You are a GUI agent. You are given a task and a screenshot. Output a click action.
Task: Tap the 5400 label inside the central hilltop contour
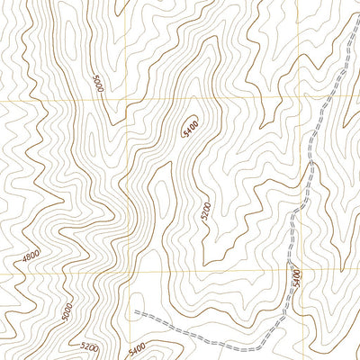[190, 127]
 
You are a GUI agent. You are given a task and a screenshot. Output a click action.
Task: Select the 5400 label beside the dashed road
[293, 276]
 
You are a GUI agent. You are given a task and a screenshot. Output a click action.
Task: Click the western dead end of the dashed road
[135, 311]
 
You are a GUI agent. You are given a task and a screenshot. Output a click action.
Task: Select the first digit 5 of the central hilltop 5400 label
[184, 134]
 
